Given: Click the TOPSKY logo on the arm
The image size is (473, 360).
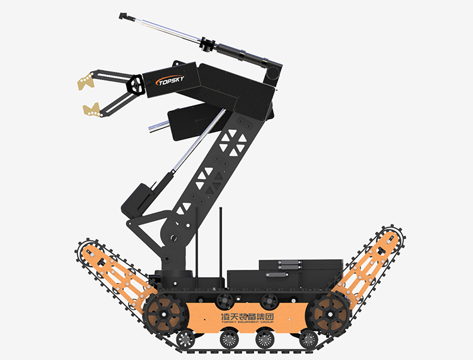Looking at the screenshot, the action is [170, 81].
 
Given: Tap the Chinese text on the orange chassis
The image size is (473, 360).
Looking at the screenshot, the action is [247, 316].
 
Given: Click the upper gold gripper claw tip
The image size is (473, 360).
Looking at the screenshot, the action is [86, 81].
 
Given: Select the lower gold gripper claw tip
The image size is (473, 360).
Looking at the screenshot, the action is [91, 110].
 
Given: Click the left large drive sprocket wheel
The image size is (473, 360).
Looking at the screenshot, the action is [164, 314].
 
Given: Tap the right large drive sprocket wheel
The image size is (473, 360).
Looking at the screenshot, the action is [330, 314].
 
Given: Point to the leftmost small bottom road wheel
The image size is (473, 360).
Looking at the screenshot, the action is [185, 339].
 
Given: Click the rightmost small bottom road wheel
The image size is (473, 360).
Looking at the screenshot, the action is [308, 339].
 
